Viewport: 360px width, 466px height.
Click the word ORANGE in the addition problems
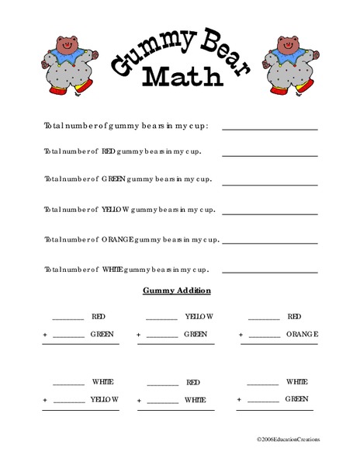click(x=302, y=335)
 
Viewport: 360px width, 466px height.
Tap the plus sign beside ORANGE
click(x=241, y=336)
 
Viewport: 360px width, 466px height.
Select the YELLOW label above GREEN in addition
click(x=199, y=317)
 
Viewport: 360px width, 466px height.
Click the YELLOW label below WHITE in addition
click(x=105, y=399)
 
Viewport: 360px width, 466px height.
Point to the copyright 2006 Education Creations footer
click(x=288, y=439)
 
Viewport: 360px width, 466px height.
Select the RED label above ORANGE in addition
click(x=294, y=317)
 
